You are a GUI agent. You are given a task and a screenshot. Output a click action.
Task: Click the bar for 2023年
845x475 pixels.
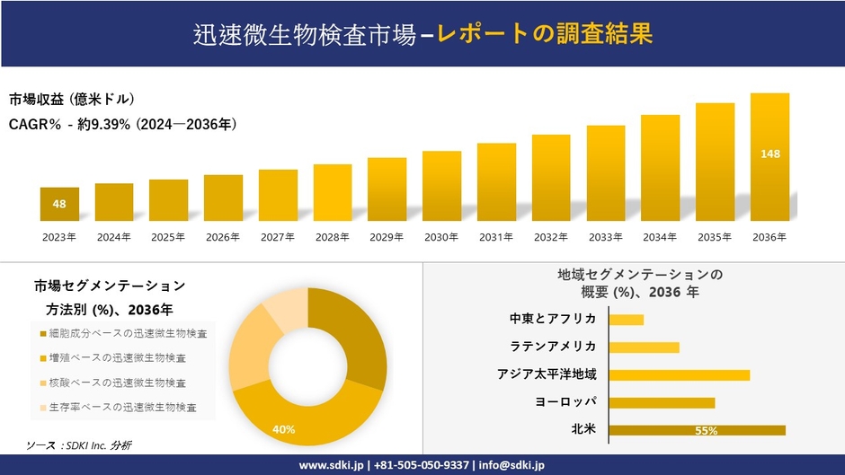pos(59,205)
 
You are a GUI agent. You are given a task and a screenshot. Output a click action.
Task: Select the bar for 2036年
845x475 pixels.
pos(769,157)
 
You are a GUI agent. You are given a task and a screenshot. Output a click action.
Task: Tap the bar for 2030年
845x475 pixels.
pos(441,186)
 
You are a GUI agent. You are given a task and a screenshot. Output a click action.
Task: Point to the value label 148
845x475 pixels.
pos(769,154)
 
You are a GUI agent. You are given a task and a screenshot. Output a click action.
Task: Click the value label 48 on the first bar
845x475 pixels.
pos(59,204)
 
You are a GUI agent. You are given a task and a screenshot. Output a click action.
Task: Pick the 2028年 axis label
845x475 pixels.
pos(332,237)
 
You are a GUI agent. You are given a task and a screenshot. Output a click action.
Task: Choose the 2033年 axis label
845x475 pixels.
pos(605,237)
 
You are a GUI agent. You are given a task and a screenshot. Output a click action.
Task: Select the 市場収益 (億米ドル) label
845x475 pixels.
pos(72,99)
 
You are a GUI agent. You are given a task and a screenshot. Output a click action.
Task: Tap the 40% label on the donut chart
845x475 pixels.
pos(284,429)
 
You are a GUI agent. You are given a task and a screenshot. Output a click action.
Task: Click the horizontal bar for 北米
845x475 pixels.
pos(697,430)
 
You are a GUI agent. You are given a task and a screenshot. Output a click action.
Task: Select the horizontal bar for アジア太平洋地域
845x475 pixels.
pos(679,374)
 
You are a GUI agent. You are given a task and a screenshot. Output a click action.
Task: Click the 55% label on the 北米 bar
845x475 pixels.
pos(706,431)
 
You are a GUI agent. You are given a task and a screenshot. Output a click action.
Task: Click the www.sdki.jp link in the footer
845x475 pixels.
pos(331,465)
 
